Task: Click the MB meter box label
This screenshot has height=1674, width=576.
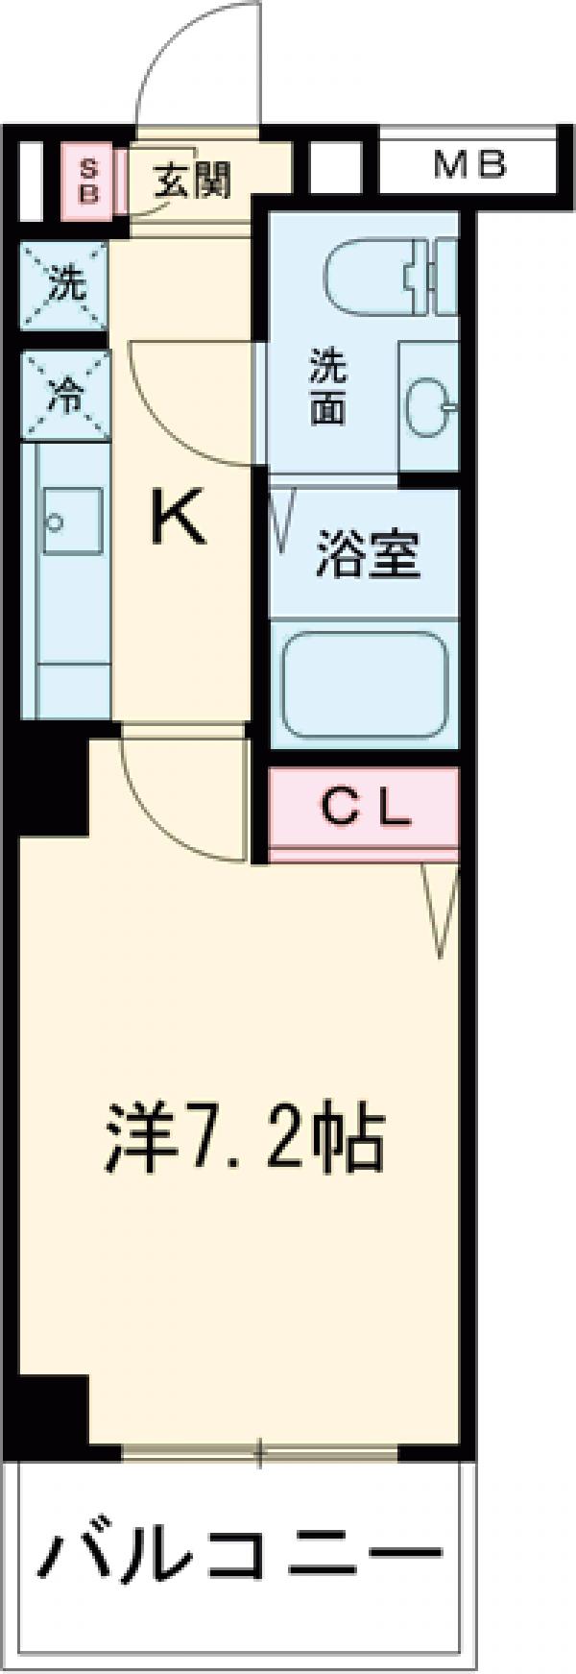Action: pyautogui.click(x=468, y=165)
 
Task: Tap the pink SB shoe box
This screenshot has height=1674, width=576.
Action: pyautogui.click(x=88, y=182)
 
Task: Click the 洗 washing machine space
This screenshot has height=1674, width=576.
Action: pyautogui.click(x=65, y=285)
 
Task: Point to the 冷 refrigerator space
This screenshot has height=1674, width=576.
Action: pyautogui.click(x=65, y=395)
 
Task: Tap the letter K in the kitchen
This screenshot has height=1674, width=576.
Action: pyautogui.click(x=180, y=520)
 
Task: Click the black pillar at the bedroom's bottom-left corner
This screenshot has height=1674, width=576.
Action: pyautogui.click(x=53, y=1421)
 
